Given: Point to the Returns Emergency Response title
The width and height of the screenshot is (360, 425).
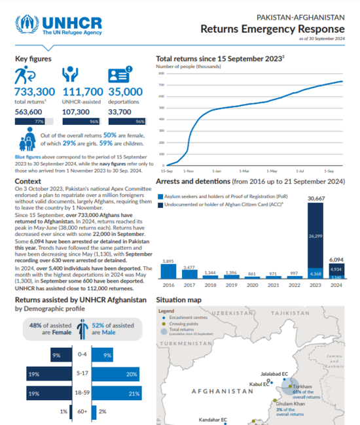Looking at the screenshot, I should (x=272, y=29).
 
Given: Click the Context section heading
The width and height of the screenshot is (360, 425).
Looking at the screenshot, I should (x=28, y=180).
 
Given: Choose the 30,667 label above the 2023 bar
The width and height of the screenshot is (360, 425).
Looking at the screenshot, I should (x=315, y=199).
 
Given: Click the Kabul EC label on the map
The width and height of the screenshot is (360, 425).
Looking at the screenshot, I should (x=259, y=384).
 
